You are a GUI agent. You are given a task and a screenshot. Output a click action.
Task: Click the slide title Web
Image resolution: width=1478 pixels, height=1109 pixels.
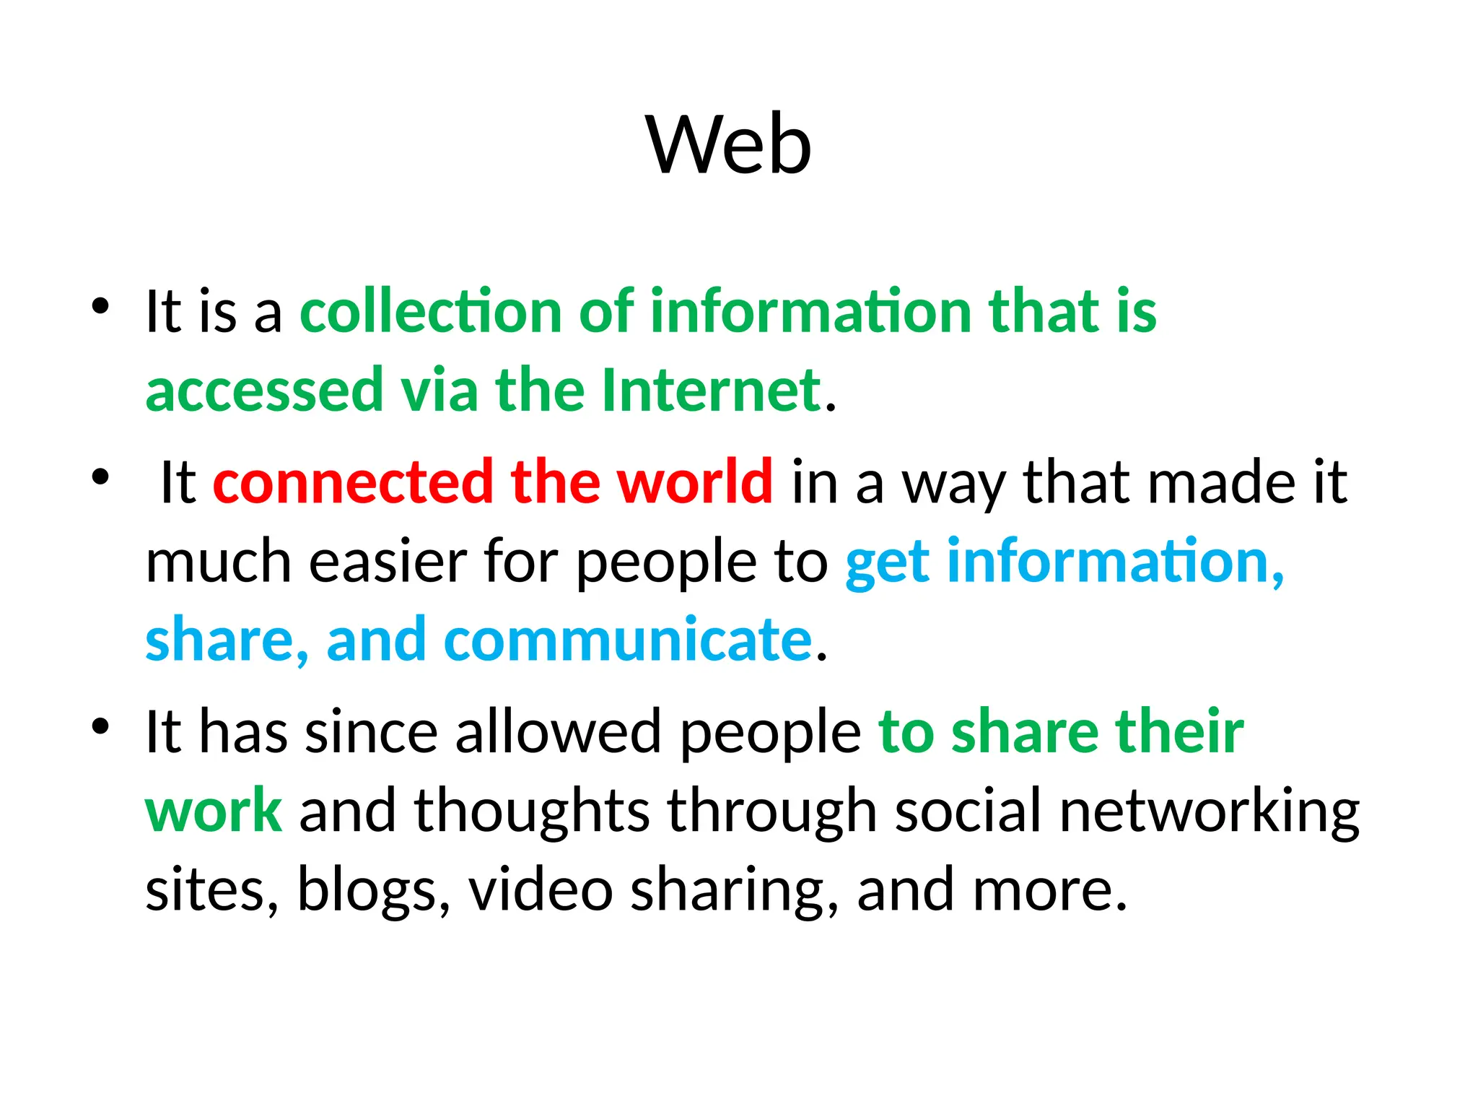[x=729, y=144]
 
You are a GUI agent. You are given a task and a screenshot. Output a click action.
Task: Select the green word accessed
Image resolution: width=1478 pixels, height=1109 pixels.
[x=264, y=390]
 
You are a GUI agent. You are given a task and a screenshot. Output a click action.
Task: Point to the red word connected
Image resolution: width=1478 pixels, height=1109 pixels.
[x=353, y=482]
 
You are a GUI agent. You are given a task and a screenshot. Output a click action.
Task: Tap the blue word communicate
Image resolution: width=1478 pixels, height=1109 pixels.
[x=628, y=640]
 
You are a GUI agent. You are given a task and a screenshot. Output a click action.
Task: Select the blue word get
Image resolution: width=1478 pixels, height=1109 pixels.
[x=887, y=563]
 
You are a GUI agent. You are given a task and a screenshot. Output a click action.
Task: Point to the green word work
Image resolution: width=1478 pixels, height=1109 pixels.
[x=214, y=810]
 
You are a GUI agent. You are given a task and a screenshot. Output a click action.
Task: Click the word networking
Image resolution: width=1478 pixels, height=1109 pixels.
[x=1209, y=812]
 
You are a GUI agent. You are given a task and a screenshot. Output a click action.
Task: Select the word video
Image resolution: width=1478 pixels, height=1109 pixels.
[x=541, y=889]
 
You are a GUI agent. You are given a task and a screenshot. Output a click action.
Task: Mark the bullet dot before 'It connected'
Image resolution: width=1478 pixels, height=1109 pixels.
[x=100, y=477]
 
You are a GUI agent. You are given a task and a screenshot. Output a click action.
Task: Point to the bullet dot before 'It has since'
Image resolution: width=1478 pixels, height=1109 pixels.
[x=100, y=726]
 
